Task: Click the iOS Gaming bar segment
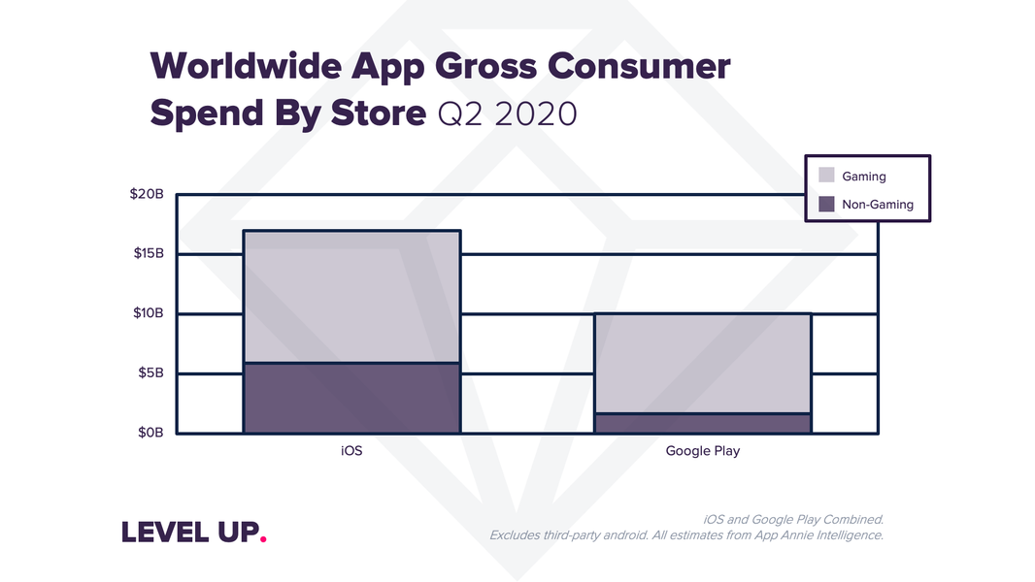(351, 297)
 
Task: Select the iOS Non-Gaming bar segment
(351, 398)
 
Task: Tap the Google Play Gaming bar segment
(702, 364)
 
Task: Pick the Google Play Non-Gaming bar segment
(702, 423)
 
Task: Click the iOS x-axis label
(351, 451)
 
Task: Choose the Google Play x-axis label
(702, 451)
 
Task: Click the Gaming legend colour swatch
(826, 176)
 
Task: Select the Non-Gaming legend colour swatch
(826, 204)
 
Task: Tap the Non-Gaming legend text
(878, 205)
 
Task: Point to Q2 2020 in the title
(507, 113)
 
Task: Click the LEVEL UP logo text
(190, 533)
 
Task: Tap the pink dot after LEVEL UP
(264, 539)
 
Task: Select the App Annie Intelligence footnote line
(685, 534)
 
